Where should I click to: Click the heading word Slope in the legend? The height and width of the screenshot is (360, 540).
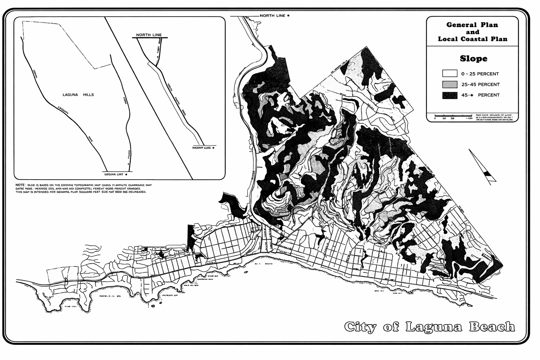point(473,58)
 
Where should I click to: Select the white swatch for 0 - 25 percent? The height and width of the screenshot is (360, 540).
point(450,73)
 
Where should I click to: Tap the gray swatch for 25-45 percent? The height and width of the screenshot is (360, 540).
point(450,84)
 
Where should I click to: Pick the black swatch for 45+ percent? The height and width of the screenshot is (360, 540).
point(450,95)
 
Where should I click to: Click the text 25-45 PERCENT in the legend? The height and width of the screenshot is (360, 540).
point(480,84)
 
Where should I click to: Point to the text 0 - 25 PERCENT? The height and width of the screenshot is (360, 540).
point(480,74)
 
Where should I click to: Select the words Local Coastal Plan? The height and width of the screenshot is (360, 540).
point(472,39)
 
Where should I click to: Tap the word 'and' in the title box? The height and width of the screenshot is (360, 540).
point(472,32)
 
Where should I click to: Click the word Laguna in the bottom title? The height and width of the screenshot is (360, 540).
point(435,327)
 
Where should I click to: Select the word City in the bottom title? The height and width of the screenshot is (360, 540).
point(360,327)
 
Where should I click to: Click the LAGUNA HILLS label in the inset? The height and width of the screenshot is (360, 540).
point(78,95)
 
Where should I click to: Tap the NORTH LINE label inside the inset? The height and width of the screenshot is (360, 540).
point(149,35)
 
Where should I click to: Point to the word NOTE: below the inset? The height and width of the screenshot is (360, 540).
point(20,185)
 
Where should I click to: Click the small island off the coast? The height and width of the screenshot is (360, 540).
point(153,306)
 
